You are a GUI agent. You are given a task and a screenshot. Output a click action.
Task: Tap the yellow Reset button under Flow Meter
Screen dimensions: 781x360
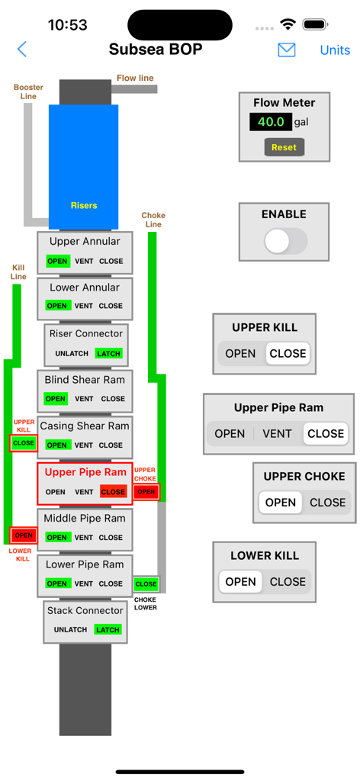click(284, 147)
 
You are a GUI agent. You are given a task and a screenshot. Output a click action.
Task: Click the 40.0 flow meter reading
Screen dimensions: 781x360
click(271, 122)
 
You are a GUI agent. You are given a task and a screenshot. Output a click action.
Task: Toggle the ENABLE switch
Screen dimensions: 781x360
click(284, 242)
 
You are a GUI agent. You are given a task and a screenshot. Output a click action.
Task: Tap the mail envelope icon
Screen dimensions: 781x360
click(286, 50)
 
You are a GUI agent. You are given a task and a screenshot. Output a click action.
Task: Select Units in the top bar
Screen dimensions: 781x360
click(335, 50)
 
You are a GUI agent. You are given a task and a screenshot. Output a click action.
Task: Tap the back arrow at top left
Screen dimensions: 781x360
click(22, 50)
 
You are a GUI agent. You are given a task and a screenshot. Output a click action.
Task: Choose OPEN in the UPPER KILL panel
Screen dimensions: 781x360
click(240, 354)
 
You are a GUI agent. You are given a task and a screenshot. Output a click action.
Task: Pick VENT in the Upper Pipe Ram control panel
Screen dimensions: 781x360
click(277, 433)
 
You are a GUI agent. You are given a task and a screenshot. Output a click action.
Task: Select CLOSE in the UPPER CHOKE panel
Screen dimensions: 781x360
click(327, 503)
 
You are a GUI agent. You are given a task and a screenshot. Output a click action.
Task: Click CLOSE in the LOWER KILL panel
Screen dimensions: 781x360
click(288, 581)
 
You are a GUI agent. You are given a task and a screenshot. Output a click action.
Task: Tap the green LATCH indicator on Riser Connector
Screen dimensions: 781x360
click(108, 354)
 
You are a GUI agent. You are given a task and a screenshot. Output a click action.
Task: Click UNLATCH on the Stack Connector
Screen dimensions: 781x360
click(71, 630)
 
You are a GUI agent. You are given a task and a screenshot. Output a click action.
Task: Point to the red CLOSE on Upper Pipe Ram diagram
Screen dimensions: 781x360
click(113, 492)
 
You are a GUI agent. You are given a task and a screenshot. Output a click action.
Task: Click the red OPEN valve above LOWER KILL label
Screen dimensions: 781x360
click(24, 535)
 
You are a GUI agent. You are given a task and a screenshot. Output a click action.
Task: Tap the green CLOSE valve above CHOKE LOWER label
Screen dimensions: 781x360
click(146, 584)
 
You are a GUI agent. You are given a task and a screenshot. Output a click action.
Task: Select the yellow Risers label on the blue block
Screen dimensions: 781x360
click(84, 205)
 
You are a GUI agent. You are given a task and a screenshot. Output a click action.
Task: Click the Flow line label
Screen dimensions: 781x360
click(135, 79)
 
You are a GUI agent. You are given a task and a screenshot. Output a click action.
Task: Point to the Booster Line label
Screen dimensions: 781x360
click(28, 92)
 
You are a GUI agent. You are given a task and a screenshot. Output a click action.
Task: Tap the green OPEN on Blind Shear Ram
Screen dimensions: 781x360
click(56, 399)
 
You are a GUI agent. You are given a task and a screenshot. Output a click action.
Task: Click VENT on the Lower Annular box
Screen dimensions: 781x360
click(84, 306)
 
